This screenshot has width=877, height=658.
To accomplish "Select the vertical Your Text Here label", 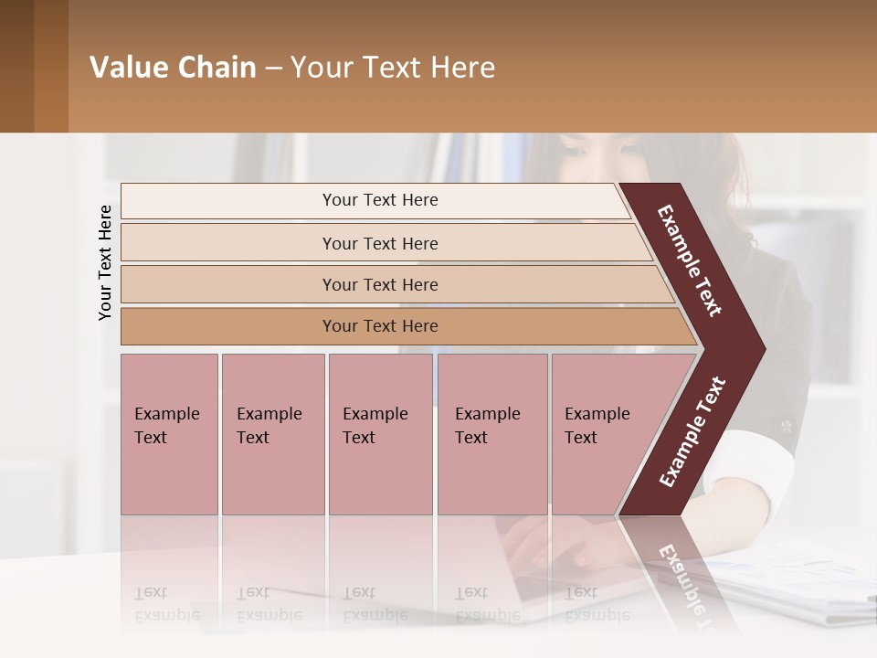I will [x=105, y=262].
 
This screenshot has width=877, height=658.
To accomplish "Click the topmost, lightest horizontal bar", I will [x=375, y=200].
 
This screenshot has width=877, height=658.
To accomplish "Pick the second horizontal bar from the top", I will [x=384, y=243].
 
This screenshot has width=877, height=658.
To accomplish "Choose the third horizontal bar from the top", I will [x=393, y=284].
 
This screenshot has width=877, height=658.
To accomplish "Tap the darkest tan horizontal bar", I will [x=402, y=326].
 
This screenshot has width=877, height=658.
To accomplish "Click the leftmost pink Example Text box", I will [x=169, y=434].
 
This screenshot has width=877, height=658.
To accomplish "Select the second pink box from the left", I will [x=272, y=434].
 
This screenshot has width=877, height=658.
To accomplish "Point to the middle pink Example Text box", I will [x=380, y=434].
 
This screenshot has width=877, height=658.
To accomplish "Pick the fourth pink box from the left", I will [x=491, y=434].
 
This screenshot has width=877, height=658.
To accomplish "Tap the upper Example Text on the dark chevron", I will [x=690, y=260].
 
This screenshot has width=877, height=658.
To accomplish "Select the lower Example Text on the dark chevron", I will [x=692, y=432].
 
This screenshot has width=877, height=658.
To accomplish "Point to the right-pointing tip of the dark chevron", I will [x=760, y=349].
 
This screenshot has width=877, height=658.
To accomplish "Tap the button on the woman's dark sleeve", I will [x=785, y=427].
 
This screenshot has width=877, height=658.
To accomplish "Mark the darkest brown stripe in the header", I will [x=16, y=66].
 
